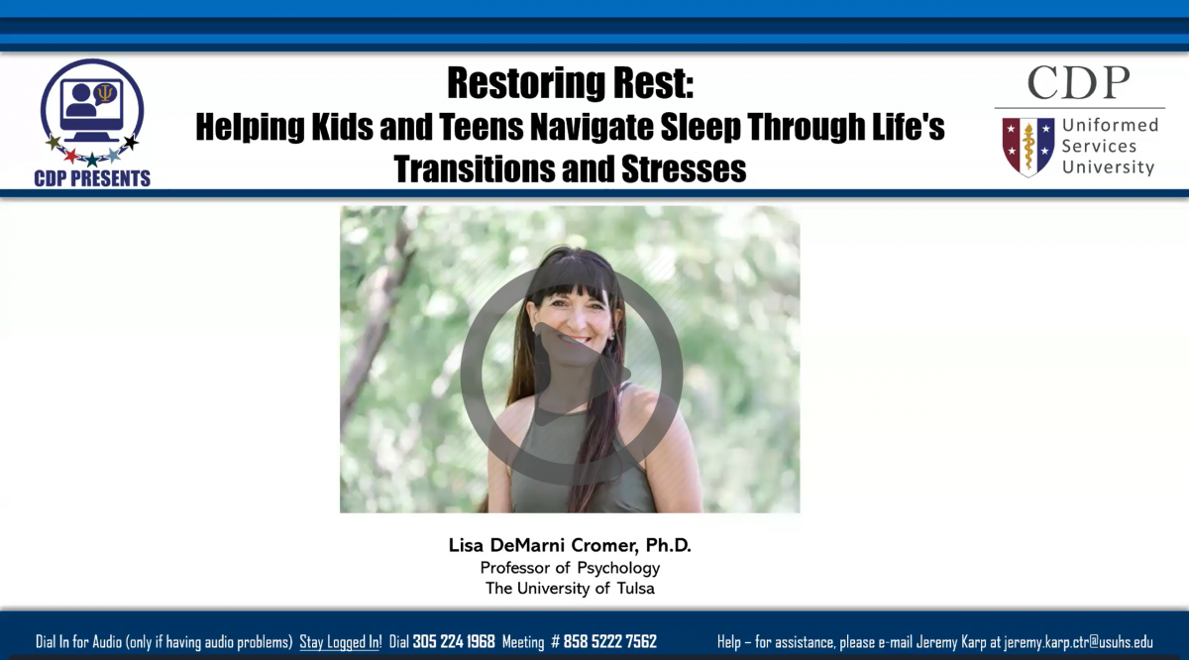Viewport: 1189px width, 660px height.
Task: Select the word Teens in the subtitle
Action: (x=482, y=127)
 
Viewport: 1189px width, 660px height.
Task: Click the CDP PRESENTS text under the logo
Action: (x=92, y=178)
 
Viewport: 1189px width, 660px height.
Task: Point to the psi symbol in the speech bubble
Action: (x=105, y=93)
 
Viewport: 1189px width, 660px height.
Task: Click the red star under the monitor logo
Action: (x=71, y=156)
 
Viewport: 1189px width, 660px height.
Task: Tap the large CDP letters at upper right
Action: (x=1079, y=83)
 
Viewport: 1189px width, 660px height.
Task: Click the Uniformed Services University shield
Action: (x=1028, y=147)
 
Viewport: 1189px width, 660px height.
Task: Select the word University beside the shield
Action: (x=1109, y=167)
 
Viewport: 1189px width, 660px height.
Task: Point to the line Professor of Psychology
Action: (x=570, y=568)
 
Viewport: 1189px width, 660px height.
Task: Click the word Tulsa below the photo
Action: (x=636, y=589)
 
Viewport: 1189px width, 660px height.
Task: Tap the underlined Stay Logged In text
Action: (x=340, y=642)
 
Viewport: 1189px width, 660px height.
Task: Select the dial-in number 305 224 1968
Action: (x=454, y=642)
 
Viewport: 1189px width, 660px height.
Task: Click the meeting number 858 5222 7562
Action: (x=610, y=642)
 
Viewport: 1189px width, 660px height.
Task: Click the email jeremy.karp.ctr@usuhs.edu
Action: (x=1078, y=642)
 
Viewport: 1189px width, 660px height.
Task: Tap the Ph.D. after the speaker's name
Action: (x=668, y=545)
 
